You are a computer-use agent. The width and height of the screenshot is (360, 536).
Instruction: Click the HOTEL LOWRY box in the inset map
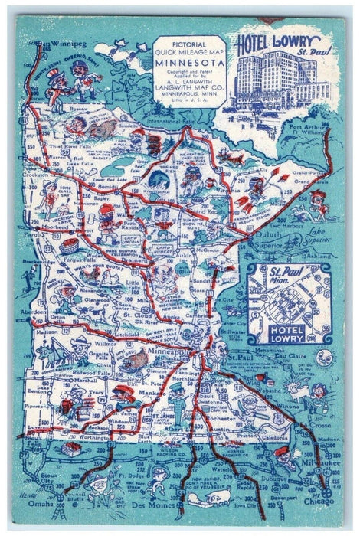point(285,330)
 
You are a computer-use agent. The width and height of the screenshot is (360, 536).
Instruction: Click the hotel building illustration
point(268,84)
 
